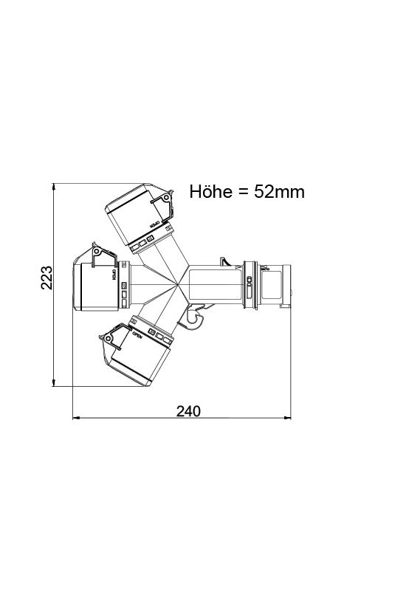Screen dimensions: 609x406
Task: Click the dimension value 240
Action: pos(189,411)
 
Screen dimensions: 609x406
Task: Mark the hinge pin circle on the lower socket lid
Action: pos(109,339)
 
